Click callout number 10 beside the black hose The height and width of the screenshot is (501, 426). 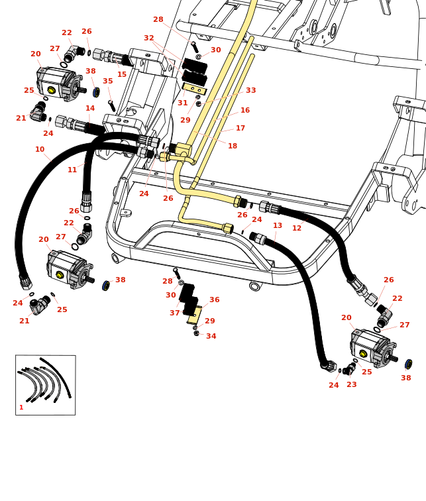pos(40,150)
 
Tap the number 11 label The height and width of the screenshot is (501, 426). pos(72,170)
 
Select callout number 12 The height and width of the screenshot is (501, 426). pos(297,229)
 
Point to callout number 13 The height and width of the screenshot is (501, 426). pos(278,226)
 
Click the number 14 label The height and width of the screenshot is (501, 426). pos(90,109)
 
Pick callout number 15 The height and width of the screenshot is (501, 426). pos(122,75)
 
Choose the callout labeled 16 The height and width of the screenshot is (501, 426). pos(245,111)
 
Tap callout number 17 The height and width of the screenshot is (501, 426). pos(240,129)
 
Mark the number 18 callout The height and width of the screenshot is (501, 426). pos(233,146)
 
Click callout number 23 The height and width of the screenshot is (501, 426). pos(352,385)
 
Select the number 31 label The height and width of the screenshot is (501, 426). pos(183,103)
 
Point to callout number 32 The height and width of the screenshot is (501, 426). pos(149,38)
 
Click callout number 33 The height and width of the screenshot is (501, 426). pos(251,91)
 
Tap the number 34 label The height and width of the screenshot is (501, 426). pos(211,337)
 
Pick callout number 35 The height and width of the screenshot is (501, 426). pos(107,82)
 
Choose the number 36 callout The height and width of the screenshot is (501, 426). pos(215,300)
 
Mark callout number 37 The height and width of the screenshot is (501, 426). pos(175,313)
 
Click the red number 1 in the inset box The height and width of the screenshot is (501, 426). pos(21,408)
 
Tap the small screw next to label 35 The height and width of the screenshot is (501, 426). pos(112,105)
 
